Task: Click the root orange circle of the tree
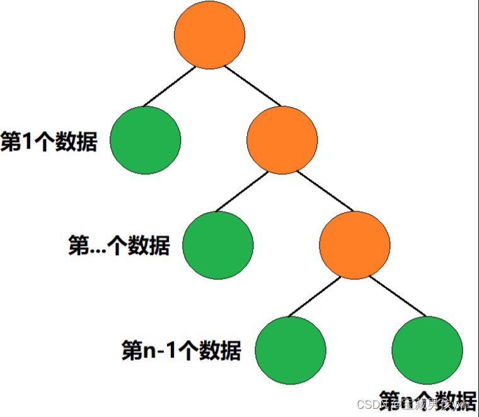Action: pos(209,35)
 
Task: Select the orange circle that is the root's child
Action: pos(282,140)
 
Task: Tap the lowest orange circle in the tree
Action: pos(354,245)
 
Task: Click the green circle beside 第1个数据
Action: pos(145,140)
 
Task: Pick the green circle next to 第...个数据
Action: pos(217,245)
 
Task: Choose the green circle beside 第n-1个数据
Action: pos(290,350)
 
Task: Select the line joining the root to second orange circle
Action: pos(252,85)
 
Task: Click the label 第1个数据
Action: pos(49,142)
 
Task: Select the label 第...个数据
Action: pos(118,246)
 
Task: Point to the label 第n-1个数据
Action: pos(181,350)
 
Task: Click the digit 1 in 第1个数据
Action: pos(27,142)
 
